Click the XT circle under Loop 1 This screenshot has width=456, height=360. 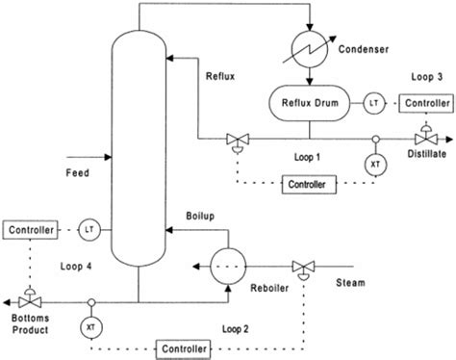[373, 165]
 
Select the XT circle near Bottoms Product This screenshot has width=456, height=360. [92, 326]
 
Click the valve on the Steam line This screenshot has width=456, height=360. [305, 266]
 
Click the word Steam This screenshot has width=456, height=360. [350, 282]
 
